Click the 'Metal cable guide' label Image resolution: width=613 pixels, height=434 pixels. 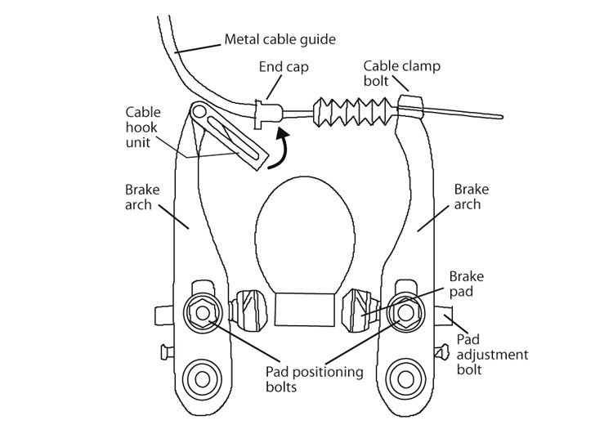tap(280, 38)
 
